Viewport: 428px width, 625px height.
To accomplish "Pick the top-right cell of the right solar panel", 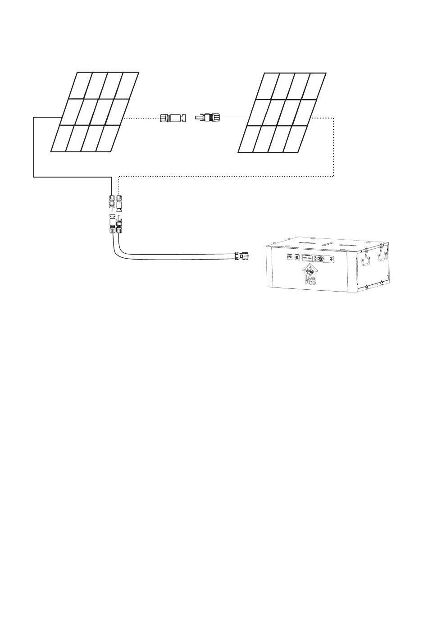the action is tap(316, 85).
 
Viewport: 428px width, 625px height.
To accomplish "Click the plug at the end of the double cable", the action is tap(242, 256).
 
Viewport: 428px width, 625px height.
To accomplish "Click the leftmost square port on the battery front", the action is tap(289, 258).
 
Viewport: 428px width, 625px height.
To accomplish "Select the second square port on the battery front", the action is tap(297, 258).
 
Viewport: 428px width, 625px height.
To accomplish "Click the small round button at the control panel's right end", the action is tap(332, 259).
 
